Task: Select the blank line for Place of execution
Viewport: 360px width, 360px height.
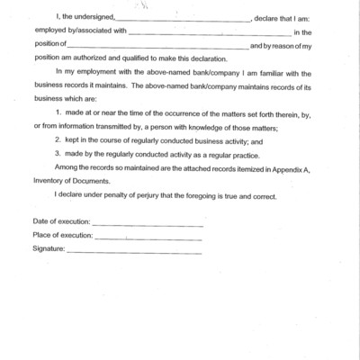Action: [x=148, y=238]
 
